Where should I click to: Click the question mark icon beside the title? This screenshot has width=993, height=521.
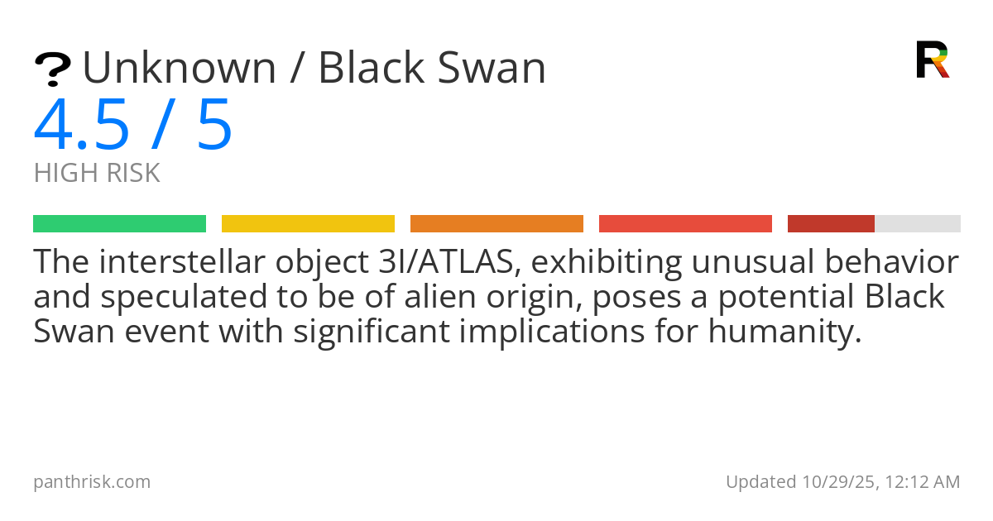(52, 69)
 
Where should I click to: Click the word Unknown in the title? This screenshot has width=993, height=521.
(180, 68)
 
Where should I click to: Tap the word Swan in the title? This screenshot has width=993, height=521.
(492, 68)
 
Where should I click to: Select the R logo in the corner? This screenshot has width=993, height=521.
(933, 60)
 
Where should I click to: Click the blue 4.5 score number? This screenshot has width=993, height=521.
(82, 125)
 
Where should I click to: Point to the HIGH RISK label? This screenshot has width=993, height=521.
(97, 173)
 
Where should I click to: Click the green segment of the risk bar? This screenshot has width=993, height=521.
(120, 224)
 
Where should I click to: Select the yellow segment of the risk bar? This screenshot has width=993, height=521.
(308, 224)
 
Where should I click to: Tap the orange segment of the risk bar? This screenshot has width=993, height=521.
(496, 224)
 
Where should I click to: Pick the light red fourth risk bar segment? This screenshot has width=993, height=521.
(685, 224)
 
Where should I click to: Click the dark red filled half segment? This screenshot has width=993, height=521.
(831, 224)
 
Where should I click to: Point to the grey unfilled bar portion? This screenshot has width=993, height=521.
(918, 224)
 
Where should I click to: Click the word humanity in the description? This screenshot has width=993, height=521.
(785, 332)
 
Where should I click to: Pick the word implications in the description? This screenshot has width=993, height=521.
(552, 332)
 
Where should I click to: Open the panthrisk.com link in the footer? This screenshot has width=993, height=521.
(92, 482)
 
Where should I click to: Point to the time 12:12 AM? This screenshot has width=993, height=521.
(923, 482)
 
